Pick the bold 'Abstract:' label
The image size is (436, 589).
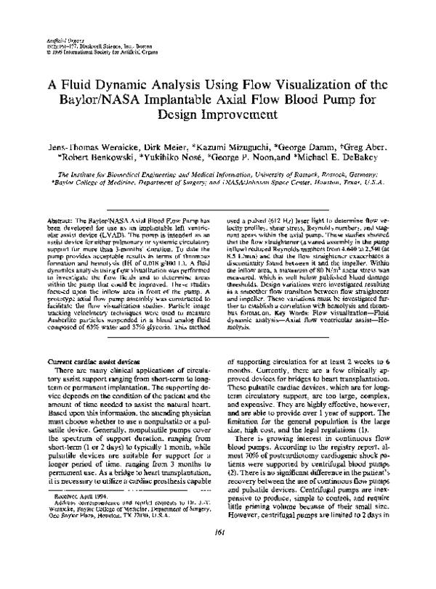tap(59, 198)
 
